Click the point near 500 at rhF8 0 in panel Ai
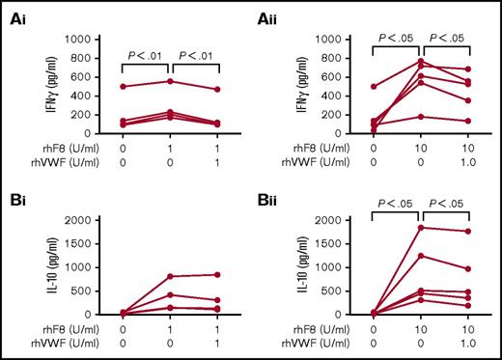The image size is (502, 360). tap(123, 86)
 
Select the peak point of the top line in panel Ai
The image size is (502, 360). tap(171, 81)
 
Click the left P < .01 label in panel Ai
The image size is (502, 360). tap(146, 54)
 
